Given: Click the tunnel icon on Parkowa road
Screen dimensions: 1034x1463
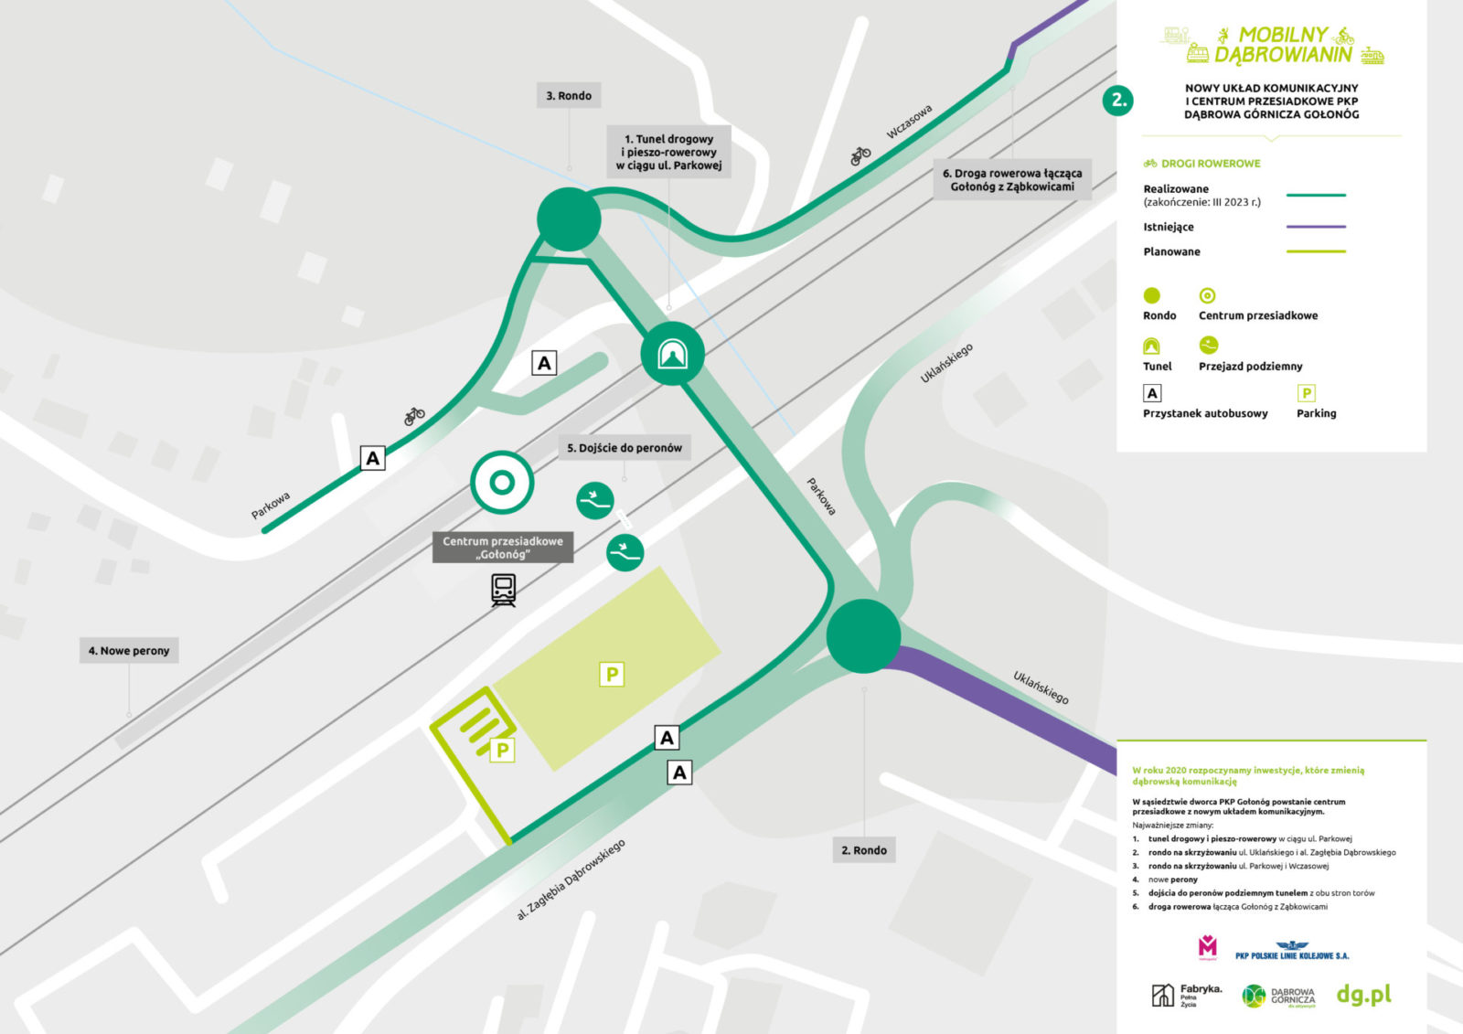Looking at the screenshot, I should [673, 353].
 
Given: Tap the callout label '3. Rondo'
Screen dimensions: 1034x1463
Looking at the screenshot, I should [569, 96].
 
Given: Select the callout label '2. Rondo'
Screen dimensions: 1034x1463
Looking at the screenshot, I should [864, 850].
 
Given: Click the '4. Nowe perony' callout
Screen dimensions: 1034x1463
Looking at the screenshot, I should [129, 651].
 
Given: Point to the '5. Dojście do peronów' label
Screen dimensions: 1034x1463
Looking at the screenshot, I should [625, 448].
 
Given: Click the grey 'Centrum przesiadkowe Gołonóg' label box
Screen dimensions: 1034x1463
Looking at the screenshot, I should [503, 548].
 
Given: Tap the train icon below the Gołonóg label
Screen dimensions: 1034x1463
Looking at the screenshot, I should [503, 590].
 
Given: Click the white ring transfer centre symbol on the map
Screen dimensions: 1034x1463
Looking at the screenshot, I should [502, 483].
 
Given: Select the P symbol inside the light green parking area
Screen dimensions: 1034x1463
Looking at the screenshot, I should [612, 675].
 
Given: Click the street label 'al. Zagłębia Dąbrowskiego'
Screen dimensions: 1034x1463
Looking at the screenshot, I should [571, 879].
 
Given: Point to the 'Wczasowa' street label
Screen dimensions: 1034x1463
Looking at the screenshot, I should [909, 122].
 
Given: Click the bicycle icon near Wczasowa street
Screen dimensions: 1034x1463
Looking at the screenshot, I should [860, 156].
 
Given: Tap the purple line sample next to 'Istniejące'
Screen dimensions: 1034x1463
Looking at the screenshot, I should [1316, 227].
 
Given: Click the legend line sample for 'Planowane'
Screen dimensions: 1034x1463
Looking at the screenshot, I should [1316, 251].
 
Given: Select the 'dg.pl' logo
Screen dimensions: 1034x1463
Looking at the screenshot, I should [1363, 995].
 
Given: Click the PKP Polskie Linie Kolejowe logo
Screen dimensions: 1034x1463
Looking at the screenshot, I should [1292, 951].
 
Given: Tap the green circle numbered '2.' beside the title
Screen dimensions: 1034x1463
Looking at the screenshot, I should [1119, 101].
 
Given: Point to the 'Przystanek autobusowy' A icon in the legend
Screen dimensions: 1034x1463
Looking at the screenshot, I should [1152, 393].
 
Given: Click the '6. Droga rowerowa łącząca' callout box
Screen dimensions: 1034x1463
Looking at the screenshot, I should [1012, 179].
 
